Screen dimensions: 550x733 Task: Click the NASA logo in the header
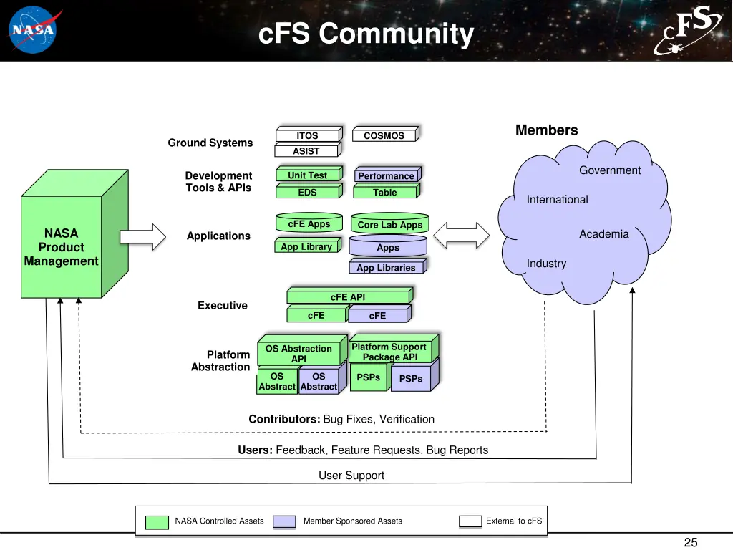pyautogui.click(x=32, y=30)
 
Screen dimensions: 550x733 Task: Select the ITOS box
pyautogui.click(x=307, y=135)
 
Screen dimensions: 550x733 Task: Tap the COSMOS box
pyautogui.click(x=384, y=135)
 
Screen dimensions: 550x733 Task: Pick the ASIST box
pyautogui.click(x=306, y=151)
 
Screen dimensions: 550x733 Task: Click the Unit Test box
pyautogui.click(x=307, y=175)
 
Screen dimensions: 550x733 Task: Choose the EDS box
pyautogui.click(x=307, y=192)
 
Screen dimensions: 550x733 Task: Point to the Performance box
pyautogui.click(x=386, y=176)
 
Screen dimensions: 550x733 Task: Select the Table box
pyautogui.click(x=385, y=192)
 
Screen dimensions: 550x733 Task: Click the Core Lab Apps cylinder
pyautogui.click(x=389, y=224)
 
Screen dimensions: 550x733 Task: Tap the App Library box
pyautogui.click(x=306, y=247)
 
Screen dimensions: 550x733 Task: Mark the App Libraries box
pyautogui.click(x=387, y=268)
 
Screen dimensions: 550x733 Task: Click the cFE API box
pyautogui.click(x=348, y=297)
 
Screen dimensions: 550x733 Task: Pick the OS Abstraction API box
pyautogui.click(x=298, y=353)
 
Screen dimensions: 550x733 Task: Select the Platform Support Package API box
pyautogui.click(x=389, y=352)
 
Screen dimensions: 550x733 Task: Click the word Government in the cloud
pyautogui.click(x=610, y=170)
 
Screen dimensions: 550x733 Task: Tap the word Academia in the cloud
pyautogui.click(x=604, y=234)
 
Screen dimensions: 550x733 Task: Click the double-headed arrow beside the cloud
pyautogui.click(x=462, y=234)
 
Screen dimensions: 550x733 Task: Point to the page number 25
pyautogui.click(x=691, y=542)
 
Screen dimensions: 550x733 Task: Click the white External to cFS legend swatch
pyautogui.click(x=470, y=521)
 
